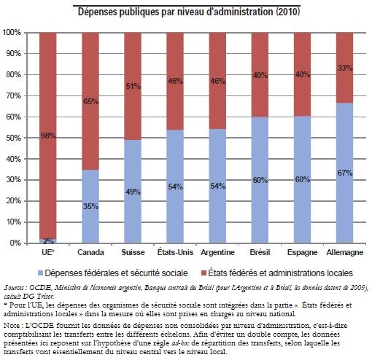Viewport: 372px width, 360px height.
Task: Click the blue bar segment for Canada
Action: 90,206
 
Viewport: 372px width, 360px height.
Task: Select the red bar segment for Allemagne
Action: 344,68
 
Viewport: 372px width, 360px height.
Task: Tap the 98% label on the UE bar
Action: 48,136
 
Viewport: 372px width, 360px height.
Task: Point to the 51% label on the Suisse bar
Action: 133,86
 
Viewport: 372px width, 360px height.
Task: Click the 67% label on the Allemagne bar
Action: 345,173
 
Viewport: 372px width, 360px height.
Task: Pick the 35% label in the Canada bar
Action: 90,206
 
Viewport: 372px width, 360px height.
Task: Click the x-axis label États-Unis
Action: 175,252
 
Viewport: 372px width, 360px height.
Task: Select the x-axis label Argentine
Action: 217,252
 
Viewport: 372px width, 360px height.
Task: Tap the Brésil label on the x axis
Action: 260,252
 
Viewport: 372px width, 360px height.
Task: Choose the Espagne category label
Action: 302,252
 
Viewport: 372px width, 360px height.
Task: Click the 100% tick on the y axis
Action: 12,32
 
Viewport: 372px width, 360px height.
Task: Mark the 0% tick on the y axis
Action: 15,243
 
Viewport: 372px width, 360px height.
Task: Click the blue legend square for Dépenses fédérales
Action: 40,273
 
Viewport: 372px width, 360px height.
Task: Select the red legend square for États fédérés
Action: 204,273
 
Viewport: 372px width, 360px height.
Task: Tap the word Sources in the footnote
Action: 14,288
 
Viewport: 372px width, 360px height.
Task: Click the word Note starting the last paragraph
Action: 11,325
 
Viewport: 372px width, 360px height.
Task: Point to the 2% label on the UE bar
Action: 48,241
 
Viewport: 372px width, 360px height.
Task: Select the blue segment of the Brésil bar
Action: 260,180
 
